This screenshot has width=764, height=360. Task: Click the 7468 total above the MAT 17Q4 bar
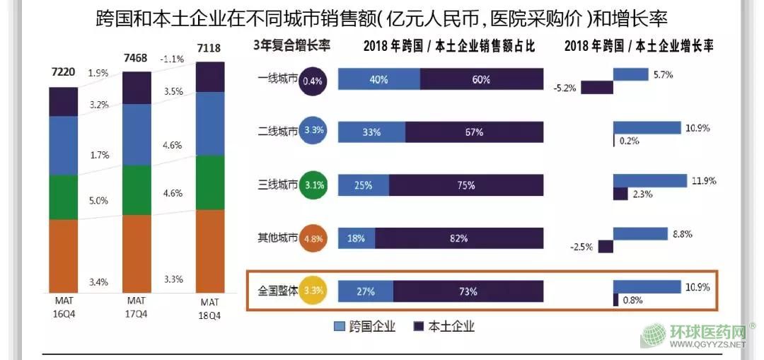(x=137, y=58)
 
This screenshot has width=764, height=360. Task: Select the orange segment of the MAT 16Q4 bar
(x=63, y=255)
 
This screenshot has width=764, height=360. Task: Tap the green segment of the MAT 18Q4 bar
(x=210, y=182)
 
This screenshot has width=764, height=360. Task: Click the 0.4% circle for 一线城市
(x=312, y=81)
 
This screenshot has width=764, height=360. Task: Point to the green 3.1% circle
(x=312, y=187)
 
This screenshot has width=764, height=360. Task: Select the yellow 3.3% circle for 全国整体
(x=312, y=290)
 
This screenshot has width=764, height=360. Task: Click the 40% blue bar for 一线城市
(x=379, y=80)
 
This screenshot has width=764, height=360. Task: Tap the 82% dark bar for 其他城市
(x=459, y=238)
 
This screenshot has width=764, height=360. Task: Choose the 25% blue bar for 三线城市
(x=363, y=185)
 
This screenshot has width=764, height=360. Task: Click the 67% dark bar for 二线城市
(x=475, y=132)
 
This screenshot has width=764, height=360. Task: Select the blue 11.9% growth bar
(x=650, y=180)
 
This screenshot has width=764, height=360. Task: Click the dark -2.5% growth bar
(x=606, y=246)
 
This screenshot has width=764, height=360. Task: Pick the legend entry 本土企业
(x=444, y=326)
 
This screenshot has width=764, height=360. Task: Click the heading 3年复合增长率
(x=292, y=47)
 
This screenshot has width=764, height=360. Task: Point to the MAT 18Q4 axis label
(x=209, y=309)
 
